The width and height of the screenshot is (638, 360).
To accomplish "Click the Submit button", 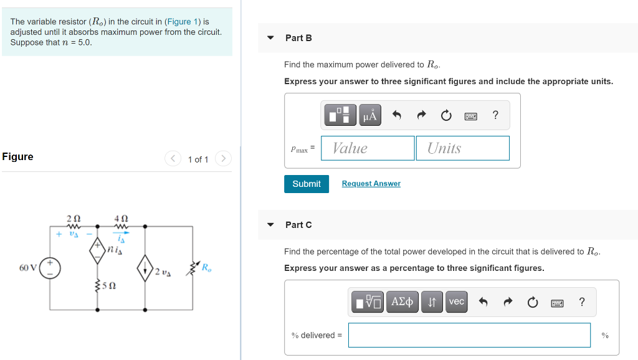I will click(306, 184).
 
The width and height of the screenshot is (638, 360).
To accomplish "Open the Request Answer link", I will click(371, 184).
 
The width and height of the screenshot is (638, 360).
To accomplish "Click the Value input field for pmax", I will click(368, 148).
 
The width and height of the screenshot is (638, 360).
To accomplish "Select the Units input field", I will click(462, 148).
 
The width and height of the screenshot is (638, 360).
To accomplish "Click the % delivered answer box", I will click(469, 335).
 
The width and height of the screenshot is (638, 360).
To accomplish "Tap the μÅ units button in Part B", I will click(370, 115).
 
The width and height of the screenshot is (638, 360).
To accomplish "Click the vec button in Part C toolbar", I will click(456, 302).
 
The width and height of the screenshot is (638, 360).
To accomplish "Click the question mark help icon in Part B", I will click(495, 115).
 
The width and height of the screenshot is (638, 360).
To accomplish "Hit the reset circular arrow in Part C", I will click(532, 302).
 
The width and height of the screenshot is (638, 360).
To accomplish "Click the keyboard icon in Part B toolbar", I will click(470, 115).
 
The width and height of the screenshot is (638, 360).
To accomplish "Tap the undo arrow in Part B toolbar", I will click(396, 115).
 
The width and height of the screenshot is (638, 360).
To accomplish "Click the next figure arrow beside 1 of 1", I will click(223, 159).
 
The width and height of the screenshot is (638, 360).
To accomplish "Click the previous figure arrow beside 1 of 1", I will click(173, 159).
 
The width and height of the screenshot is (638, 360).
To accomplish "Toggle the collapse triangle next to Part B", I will click(270, 38).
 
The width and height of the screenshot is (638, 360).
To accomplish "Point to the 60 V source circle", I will click(50, 268).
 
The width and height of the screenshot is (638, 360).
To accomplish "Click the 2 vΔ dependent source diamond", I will click(145, 269).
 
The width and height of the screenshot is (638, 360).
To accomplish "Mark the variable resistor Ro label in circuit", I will click(207, 268).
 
